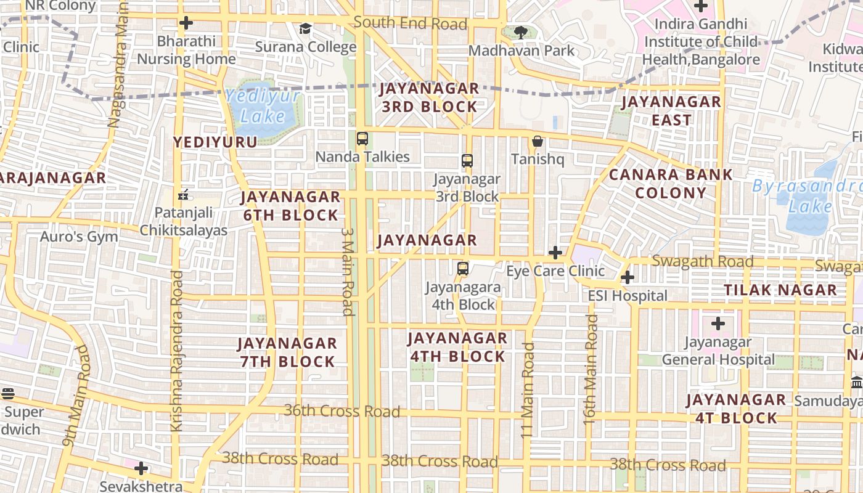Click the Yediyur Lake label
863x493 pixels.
tap(263, 106)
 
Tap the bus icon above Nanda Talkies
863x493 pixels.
tap(362, 139)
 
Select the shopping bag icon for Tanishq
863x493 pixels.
tap(538, 141)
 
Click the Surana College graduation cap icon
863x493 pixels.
tap(305, 28)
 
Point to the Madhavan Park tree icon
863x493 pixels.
tap(521, 32)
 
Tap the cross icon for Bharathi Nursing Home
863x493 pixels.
tap(186, 23)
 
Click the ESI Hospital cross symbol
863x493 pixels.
tap(628, 277)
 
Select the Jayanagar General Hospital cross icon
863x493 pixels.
tap(718, 323)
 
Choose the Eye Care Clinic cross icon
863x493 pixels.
tap(555, 252)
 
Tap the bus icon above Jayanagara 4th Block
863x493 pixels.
tap(463, 269)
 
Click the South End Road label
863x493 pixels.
tap(411, 23)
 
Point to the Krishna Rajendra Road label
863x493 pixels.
tap(177, 350)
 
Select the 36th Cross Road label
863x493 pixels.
tap(342, 410)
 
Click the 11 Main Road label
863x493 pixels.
tap(528, 390)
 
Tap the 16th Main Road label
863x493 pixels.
tap(591, 368)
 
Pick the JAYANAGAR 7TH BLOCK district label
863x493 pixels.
tap(287, 352)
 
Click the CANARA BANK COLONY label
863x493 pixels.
tap(671, 184)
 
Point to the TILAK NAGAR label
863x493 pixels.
tap(780, 290)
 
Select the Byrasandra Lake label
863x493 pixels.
tap(808, 196)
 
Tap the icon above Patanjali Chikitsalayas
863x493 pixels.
tap(182, 195)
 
